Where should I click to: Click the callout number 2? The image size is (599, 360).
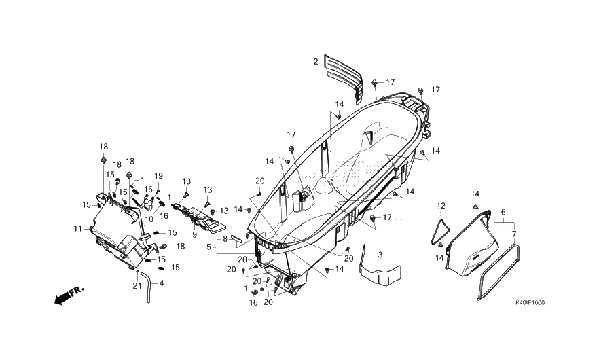click(315, 62)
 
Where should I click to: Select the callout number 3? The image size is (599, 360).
click(380, 255)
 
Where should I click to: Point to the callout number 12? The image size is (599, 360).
click(441, 205)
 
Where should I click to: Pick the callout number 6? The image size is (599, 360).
click(503, 213)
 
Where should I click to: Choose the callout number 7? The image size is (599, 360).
click(513, 234)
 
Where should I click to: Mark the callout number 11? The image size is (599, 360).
click(78, 228)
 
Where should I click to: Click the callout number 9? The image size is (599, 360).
click(194, 234)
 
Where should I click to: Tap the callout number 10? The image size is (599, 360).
click(149, 219)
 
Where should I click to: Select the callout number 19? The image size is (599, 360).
click(158, 176)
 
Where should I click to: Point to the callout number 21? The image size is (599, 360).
click(137, 285)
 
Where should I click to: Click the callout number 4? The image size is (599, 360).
click(161, 283)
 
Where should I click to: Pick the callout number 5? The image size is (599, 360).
click(210, 247)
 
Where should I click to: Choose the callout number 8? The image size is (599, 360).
click(225, 239)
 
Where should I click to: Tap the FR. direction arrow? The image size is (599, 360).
click(67, 295)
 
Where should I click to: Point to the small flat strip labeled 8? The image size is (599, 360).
click(236, 238)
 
